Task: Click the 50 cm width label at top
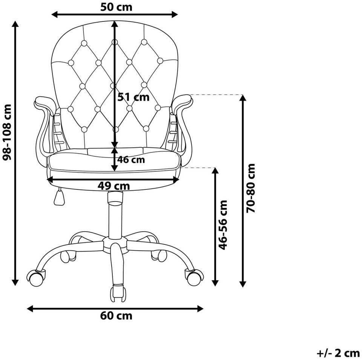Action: pos(116,7)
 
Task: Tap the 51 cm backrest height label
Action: pos(133,97)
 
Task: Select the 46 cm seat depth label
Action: pos(131,160)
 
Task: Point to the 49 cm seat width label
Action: pos(114,186)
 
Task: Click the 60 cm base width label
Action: pos(116,316)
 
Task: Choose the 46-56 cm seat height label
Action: pos(223,225)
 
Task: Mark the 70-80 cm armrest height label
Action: pos(251,188)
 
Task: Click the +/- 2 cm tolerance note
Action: pos(338,353)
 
